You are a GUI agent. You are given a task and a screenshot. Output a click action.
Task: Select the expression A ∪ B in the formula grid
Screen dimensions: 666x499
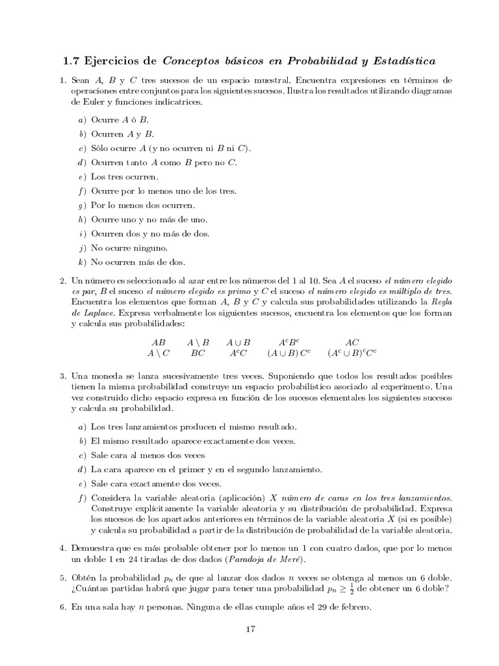[238, 342]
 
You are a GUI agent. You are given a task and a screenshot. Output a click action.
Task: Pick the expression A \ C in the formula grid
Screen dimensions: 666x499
[159, 353]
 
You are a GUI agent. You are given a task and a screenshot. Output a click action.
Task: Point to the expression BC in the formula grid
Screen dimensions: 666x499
[198, 353]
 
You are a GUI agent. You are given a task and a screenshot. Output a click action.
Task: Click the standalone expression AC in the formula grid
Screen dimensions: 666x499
[352, 342]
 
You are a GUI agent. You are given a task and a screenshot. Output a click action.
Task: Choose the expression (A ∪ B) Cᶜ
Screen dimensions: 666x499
[289, 353]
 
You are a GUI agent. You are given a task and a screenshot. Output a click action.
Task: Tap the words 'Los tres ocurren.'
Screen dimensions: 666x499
[124, 176]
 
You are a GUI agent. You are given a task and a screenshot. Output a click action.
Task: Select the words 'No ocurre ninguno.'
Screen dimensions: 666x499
[129, 248]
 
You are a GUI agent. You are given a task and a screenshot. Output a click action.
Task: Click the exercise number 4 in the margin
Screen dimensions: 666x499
[62, 549]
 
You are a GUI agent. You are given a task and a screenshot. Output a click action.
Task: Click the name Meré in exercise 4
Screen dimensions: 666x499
[289, 560]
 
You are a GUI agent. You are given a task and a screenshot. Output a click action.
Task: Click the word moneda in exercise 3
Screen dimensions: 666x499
[107, 377]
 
